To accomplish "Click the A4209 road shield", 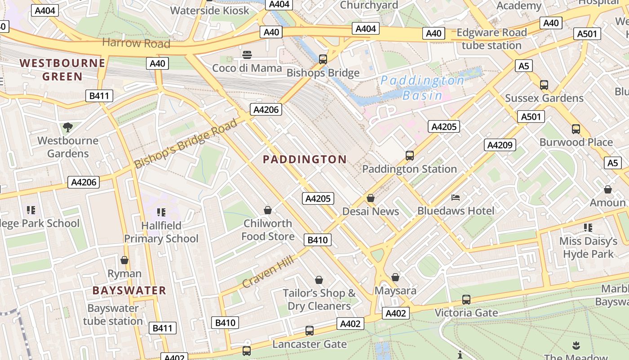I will point(500,145).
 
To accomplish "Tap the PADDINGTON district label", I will point(305,159).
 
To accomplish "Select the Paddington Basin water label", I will point(422,88).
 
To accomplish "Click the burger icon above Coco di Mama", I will point(247,55).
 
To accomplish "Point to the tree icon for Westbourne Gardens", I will point(68,127).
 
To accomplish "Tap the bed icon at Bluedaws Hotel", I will point(456,198).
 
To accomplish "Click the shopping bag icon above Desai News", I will point(371,198).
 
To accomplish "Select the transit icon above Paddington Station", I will point(409,156).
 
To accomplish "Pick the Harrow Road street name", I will point(136,43).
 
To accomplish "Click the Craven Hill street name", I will point(268,271).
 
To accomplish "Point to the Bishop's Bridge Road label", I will point(186,144).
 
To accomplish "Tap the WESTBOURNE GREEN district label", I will point(62,70).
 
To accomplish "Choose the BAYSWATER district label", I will point(129,291).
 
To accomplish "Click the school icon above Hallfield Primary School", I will point(161,212).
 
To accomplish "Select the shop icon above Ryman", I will point(124,260).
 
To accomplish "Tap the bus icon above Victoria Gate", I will point(466,299).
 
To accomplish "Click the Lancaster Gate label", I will point(310,344).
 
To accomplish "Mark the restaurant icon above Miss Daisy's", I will point(588,228).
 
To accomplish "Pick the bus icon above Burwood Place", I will point(576,129).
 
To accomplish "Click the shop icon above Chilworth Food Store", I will point(268,210).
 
